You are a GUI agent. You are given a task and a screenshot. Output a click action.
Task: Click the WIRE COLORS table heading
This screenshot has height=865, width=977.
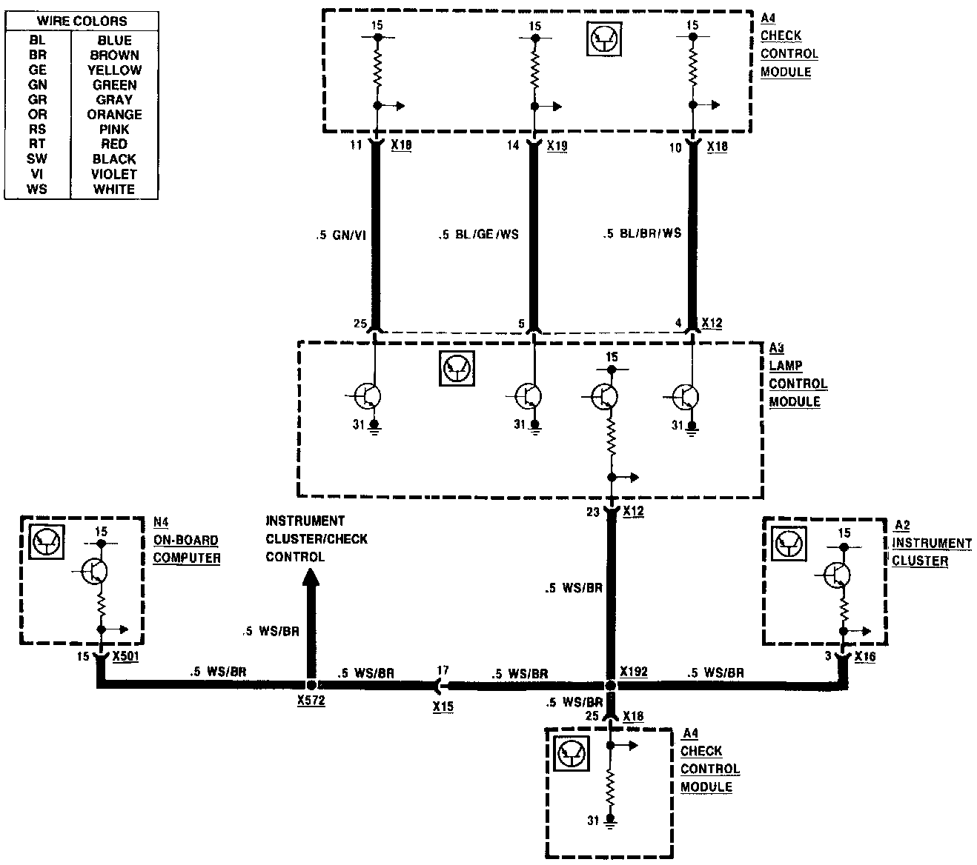coord(82,21)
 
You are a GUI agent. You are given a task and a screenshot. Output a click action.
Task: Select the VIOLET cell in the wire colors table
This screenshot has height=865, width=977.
coord(114,174)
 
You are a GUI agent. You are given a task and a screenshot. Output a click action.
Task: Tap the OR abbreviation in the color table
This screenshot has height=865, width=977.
coord(37,115)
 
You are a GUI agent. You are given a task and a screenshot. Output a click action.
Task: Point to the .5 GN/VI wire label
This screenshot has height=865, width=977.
coord(340,236)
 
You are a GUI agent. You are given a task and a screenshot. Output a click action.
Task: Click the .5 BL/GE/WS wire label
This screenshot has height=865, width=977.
coord(478,235)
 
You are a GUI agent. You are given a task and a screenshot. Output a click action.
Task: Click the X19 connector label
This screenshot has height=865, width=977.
coord(557,147)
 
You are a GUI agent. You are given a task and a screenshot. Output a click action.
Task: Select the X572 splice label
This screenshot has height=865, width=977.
coord(311,701)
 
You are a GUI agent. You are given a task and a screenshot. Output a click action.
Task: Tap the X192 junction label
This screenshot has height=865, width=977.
coord(634,672)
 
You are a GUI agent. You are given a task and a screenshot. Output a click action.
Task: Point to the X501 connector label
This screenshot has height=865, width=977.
coord(126,657)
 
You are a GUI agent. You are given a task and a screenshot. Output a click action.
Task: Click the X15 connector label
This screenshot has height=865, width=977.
coord(443,707)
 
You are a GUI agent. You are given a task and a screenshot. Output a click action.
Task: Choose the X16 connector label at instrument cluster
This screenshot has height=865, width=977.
coord(865,657)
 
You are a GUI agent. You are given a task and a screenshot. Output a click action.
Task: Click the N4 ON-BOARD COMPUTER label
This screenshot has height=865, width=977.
coord(186,541)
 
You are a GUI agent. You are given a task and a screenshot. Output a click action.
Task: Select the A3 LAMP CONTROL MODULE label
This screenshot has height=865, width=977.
coord(797,375)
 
